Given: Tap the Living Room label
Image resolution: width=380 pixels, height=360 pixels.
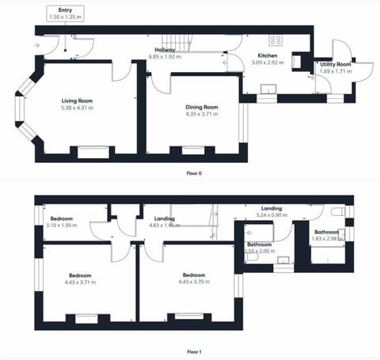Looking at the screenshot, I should coord(78,100).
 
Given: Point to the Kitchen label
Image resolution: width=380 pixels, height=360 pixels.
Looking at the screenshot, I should coord(243,55).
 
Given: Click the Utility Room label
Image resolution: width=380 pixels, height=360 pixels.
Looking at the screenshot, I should coord(336,64).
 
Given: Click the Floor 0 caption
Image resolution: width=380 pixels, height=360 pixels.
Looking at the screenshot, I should coord(193,172).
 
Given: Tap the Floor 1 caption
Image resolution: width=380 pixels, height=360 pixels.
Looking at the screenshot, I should coord(193,351).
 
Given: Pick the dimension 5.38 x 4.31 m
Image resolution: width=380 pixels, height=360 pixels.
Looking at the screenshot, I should coord(78,108).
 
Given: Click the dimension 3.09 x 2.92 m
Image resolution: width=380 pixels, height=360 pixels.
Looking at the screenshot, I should coord(244,62).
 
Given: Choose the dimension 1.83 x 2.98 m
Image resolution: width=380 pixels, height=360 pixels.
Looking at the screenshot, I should coord(327,239).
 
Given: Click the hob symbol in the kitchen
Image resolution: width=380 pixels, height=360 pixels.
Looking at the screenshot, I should coord(275,40).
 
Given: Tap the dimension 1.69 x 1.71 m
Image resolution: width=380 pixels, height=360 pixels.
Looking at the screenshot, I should coord(336,71).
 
